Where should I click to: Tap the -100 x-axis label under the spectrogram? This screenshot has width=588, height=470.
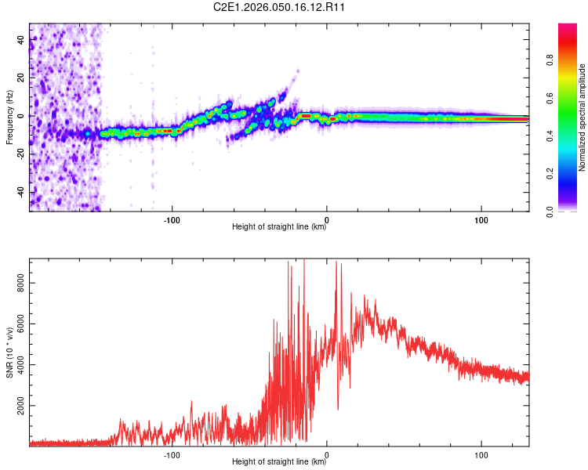(172, 219)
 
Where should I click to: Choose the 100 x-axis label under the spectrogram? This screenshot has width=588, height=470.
(481, 219)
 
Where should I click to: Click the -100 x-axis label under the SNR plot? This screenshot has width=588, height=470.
(172, 454)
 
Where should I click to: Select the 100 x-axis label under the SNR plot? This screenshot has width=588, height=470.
(481, 454)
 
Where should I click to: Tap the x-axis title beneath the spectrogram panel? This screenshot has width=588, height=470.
(279, 227)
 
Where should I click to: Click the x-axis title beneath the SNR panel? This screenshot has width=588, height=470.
(279, 462)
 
